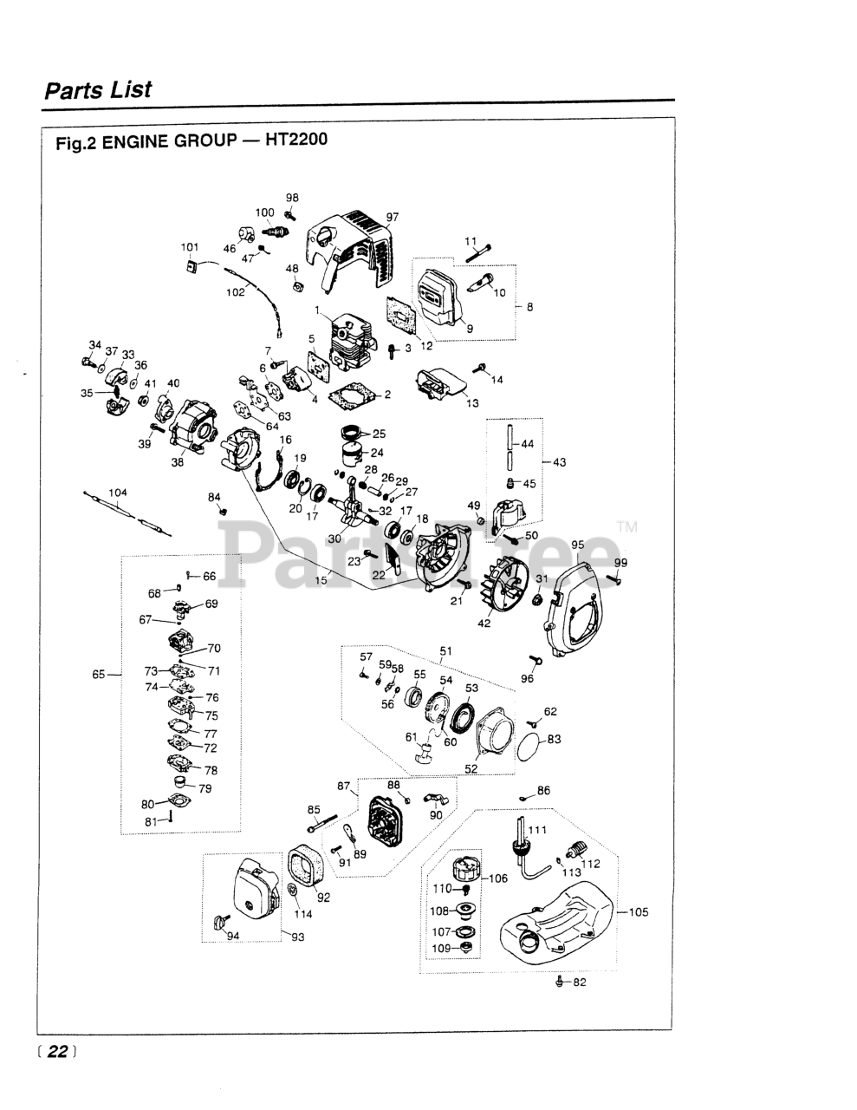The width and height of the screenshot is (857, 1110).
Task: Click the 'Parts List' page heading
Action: pyautogui.click(x=98, y=90)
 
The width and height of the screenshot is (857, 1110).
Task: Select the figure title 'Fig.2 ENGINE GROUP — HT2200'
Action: pyautogui.click(x=192, y=141)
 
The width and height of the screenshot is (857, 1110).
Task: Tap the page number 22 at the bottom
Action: pyautogui.click(x=57, y=1051)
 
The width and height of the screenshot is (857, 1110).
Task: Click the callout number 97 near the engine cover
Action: pyautogui.click(x=392, y=217)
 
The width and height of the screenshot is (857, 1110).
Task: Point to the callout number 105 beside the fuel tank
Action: pyautogui.click(x=638, y=911)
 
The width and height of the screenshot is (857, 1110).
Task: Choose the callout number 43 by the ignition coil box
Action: pyautogui.click(x=559, y=462)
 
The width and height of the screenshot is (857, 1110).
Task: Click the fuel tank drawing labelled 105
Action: pyautogui.click(x=555, y=919)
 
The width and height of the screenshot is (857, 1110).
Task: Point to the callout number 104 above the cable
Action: pyautogui.click(x=118, y=493)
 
